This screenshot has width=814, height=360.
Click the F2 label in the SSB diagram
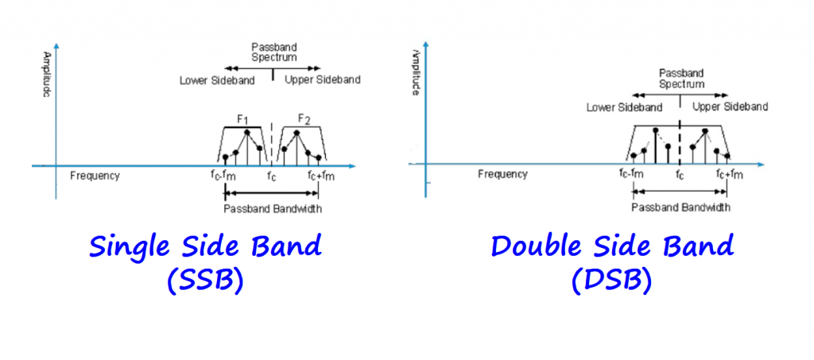point(304,119)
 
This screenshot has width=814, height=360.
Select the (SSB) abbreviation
point(205,281)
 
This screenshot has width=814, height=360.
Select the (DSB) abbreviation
point(611,281)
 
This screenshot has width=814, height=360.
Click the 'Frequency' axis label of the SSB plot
point(95,176)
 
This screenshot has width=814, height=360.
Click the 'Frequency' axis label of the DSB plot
point(502,174)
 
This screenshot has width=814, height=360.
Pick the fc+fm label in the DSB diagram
point(728,175)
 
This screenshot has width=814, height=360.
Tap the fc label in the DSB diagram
point(679,175)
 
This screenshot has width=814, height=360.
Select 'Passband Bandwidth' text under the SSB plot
point(273,209)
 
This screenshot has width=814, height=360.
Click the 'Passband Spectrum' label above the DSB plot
point(681,78)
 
